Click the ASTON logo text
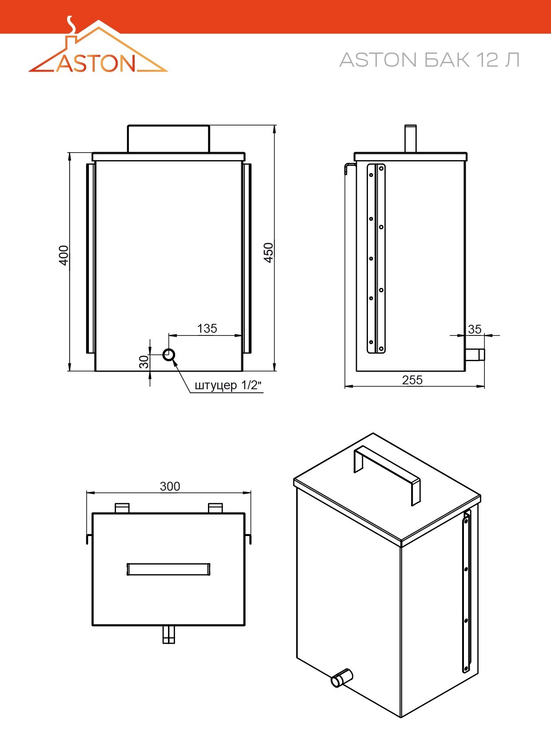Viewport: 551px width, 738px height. point(96,63)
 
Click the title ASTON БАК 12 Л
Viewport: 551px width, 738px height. point(430,60)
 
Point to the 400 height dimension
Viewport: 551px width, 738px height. point(64,255)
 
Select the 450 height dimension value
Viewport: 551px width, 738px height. point(269,253)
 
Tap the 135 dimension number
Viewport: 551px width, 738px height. point(207,328)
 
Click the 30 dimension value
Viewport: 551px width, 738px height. point(144,362)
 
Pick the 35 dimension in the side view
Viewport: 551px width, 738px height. point(475,330)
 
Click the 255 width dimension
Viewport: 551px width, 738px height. point(412,380)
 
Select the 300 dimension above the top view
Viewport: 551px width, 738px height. point(170,487)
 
